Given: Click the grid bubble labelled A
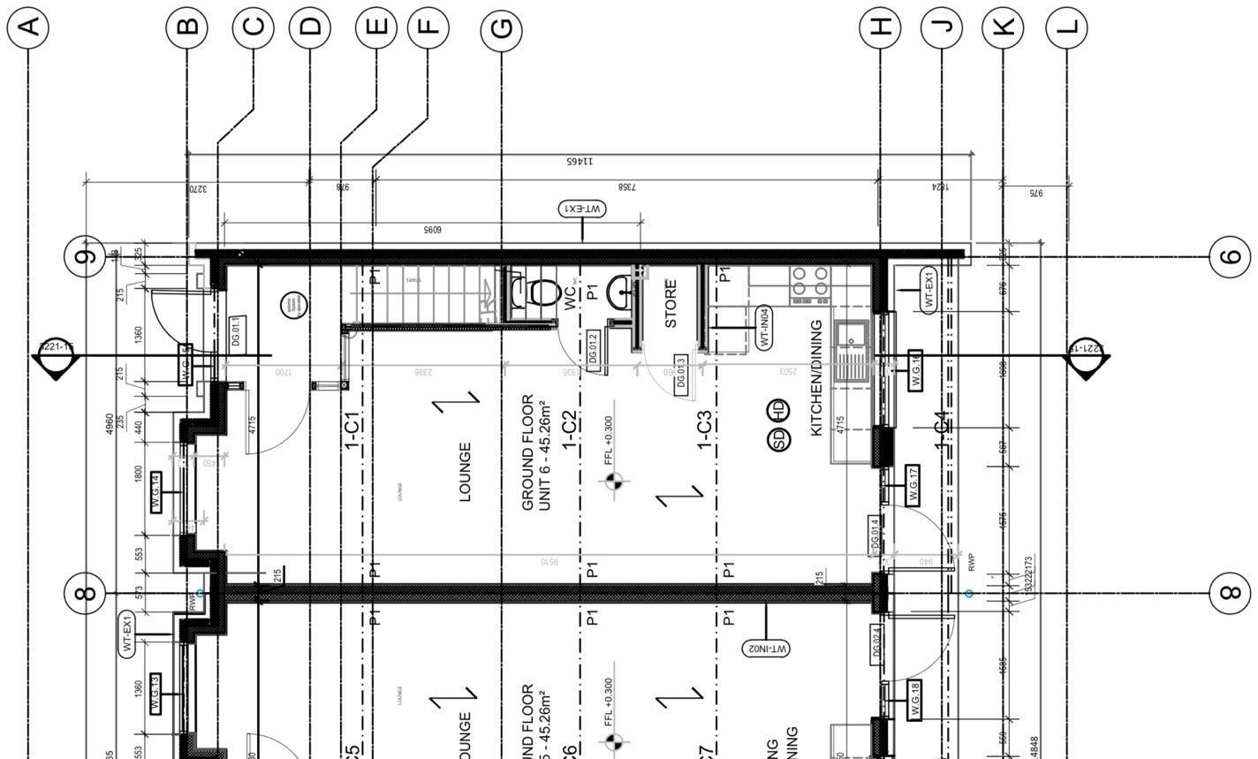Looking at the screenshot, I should pos(28,27).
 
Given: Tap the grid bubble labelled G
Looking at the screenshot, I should pos(501,28).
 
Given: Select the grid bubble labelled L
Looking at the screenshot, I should pos(1066,27).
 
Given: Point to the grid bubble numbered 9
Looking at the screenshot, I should pos(85,257).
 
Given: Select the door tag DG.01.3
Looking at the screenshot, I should pos(680,374).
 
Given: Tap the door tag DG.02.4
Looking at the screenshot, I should pos(875,644).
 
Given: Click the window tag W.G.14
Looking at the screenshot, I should pos(155,491).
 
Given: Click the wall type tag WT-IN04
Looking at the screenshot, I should pos(764,328).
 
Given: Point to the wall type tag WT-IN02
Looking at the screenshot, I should pos(766,649).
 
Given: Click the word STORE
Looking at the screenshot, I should pos(671,304).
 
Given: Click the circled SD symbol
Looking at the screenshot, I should pos(779,439).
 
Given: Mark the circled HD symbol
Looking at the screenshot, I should pos(779,411).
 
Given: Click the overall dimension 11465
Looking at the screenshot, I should pos(580,162).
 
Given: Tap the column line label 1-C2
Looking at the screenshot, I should pos(570,430).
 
